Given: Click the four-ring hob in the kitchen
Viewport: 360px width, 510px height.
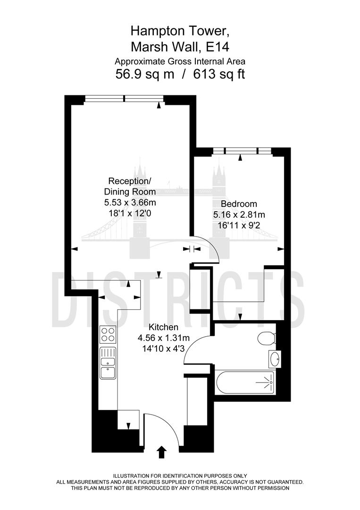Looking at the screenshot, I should pos(108,335).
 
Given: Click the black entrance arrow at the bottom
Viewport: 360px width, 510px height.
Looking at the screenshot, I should pos(161,452).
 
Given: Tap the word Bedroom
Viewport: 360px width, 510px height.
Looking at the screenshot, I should pos(239,204).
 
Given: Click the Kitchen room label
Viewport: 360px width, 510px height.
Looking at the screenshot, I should pos(163,327).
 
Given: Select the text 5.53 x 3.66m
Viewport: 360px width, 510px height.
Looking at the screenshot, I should pos(130,202).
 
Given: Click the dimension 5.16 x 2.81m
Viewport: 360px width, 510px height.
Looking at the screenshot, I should pos(239,214).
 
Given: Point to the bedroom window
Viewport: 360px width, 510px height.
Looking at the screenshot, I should pos(242,151).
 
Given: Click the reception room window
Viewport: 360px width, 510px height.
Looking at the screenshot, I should pos(125,98).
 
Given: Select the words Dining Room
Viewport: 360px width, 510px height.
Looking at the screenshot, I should pos(130,192).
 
